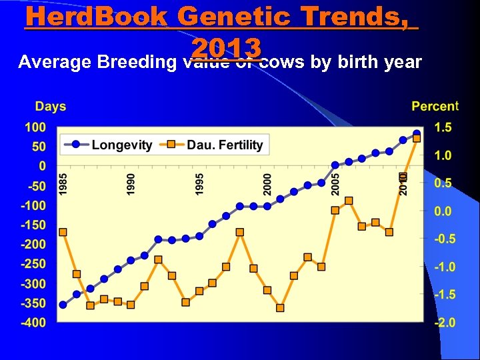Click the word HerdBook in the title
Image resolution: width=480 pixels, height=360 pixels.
96,17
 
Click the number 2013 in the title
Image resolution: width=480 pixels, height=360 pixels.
225,47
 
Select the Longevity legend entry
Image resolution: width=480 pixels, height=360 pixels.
121,144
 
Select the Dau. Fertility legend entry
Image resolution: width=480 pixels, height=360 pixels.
224,144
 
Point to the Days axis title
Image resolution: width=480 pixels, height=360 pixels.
50,106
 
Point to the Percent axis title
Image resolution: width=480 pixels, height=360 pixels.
435,106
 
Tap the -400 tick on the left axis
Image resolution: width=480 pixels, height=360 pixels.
33,323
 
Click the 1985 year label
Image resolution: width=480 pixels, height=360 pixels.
63,184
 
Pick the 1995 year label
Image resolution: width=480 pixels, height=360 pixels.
199,184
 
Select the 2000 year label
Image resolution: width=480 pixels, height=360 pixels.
267,184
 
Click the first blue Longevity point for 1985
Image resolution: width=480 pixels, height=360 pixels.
63,305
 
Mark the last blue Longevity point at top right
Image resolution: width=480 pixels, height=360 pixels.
417,133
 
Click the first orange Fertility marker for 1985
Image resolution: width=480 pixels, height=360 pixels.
63,232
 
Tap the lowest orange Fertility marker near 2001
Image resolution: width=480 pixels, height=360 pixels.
280,308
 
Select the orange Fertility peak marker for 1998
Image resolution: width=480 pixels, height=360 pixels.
239,232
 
